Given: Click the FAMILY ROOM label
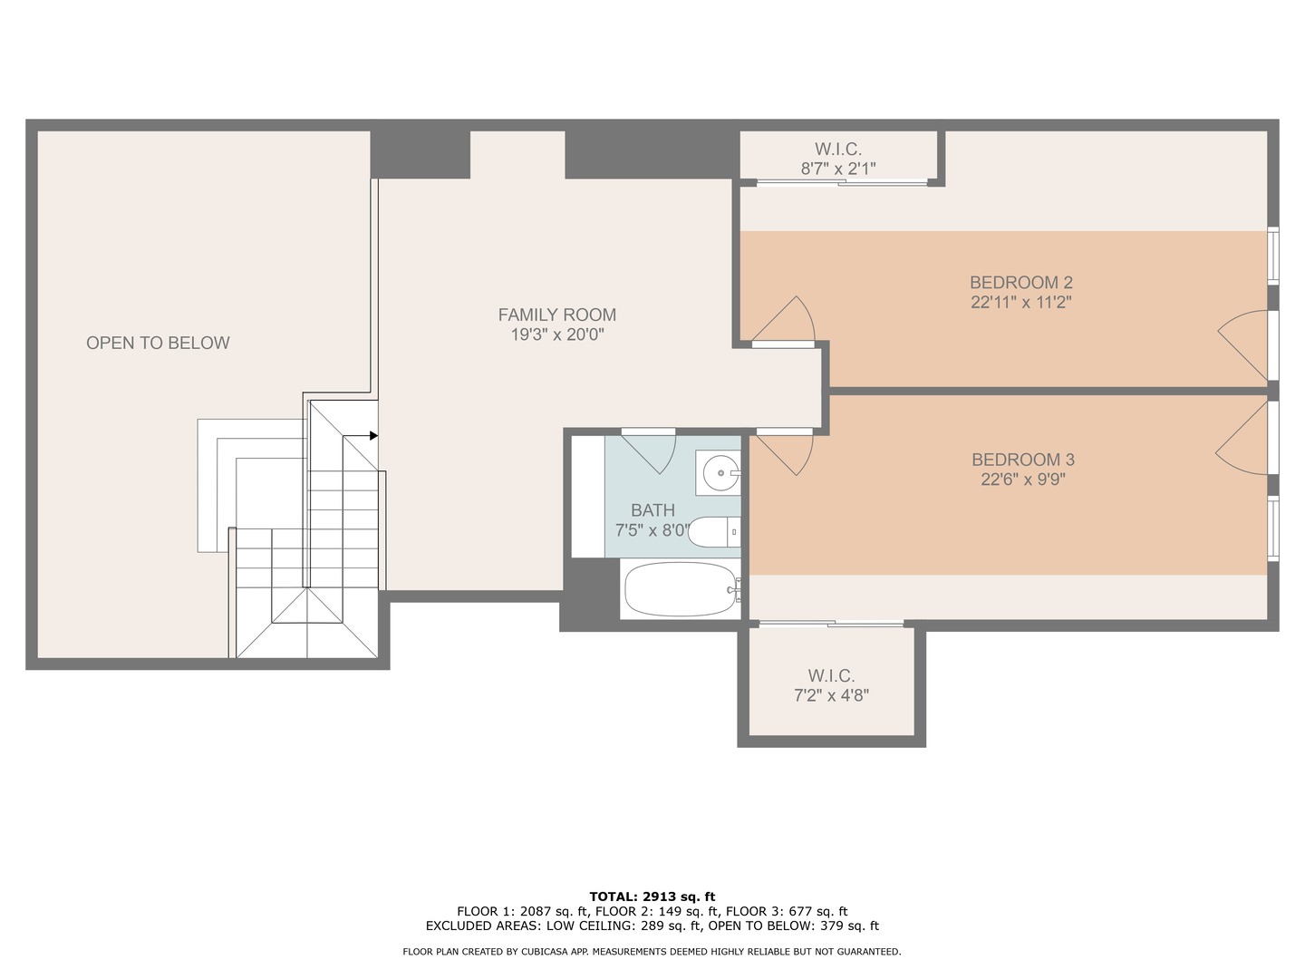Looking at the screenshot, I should [x=556, y=315].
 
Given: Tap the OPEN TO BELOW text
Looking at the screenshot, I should [x=158, y=343].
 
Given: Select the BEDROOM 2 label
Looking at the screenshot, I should [x=1020, y=282].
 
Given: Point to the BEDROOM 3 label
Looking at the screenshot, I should [x=1022, y=460].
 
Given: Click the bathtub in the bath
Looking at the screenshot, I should [x=681, y=589].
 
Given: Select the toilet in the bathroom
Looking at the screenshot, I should [x=715, y=532].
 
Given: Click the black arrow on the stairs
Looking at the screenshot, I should [x=372, y=436].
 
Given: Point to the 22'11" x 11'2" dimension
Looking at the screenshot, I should [x=1020, y=303].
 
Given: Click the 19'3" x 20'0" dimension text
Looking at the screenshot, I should [x=556, y=334].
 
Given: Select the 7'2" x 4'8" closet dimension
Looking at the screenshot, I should [x=831, y=696].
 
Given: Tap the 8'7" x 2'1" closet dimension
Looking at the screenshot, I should [x=837, y=169].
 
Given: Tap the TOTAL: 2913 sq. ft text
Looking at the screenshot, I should [x=652, y=897].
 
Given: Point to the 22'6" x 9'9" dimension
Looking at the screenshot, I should [x=1022, y=480].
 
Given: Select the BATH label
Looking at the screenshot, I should [x=652, y=510].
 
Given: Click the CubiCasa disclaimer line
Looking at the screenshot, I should [x=652, y=952].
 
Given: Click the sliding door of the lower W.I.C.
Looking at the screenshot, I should [x=831, y=624].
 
